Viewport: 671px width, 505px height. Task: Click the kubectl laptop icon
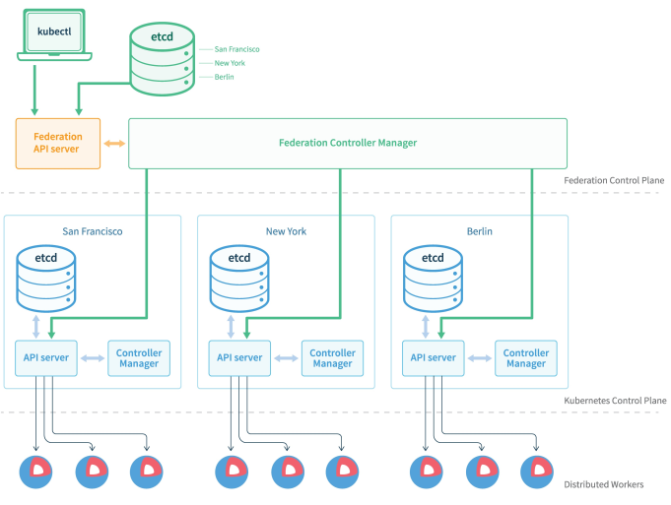coord(54,35)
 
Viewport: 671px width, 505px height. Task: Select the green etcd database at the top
coord(163,59)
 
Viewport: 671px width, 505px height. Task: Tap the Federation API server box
coord(58,144)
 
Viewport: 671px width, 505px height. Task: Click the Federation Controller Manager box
coord(348,144)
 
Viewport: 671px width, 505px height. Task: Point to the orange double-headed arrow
coord(114,144)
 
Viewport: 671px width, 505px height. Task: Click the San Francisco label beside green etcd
coord(236,49)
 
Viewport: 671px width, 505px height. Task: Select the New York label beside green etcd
coord(230,63)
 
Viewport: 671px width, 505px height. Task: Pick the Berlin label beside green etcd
coord(225,77)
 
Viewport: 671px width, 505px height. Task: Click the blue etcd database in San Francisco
coord(46,279)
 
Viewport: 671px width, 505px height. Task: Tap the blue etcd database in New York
coord(239,279)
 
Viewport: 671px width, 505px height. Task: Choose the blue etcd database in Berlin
coord(434,279)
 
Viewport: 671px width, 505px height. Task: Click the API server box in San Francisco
coord(46,358)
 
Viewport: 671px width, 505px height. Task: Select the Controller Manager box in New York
coord(332,358)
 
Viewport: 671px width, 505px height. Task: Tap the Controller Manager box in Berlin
coord(526,358)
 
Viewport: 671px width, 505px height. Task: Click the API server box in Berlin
coord(434,358)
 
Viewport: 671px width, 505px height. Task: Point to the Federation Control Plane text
coord(614,180)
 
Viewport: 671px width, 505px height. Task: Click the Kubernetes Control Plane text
coord(615,401)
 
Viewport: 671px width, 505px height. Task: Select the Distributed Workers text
coord(604,484)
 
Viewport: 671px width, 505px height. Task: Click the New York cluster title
coord(287,231)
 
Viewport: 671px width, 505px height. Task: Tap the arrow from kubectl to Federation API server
coord(34,90)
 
